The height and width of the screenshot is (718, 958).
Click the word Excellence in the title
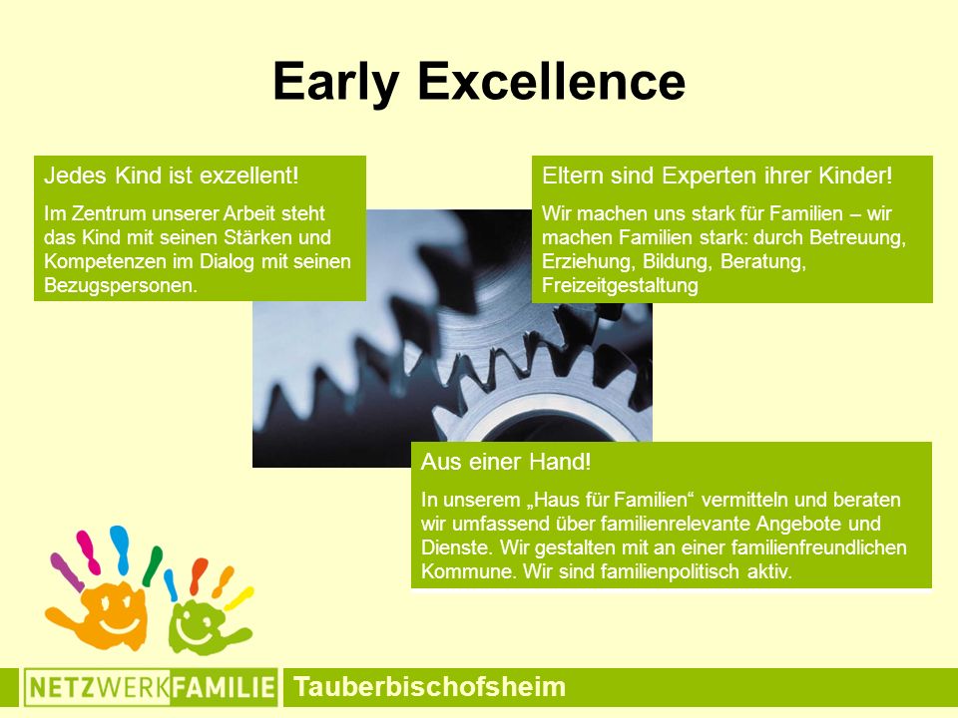click(x=552, y=81)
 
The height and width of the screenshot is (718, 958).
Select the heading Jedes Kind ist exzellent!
click(x=172, y=176)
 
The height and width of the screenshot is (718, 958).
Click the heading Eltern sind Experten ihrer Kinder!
click(x=718, y=176)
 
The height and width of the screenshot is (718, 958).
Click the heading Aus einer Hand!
click(x=506, y=462)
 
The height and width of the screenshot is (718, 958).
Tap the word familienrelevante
click(x=676, y=524)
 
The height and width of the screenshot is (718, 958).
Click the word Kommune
click(x=469, y=571)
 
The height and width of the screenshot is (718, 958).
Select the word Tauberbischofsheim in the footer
click(x=429, y=686)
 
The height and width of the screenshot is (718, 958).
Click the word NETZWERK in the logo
click(x=99, y=687)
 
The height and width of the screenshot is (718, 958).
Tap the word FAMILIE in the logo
click(x=223, y=687)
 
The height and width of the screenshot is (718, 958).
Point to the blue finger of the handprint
click(x=120, y=548)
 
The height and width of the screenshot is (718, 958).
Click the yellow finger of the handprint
click(x=239, y=599)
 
